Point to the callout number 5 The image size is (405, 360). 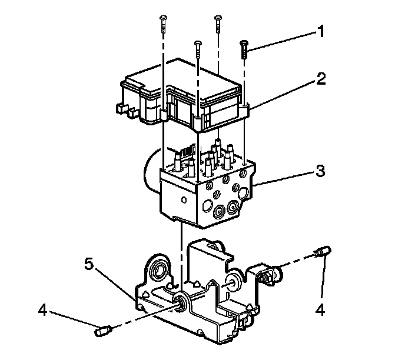88,265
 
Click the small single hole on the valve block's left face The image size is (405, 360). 184,200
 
